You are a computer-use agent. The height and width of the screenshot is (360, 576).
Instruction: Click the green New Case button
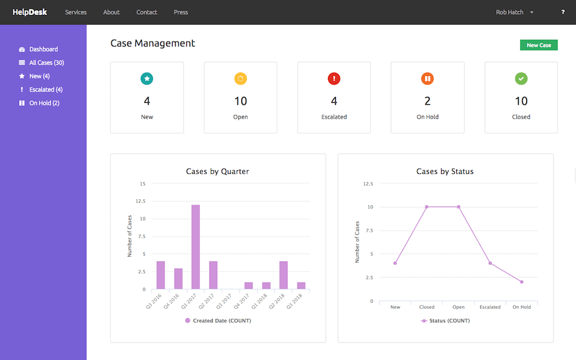pos(538,45)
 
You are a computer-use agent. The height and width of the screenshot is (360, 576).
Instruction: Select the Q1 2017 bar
pos(195,247)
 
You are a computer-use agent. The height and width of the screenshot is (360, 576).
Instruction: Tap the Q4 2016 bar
pos(178,279)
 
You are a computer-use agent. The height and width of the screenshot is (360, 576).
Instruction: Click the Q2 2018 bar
pos(283,275)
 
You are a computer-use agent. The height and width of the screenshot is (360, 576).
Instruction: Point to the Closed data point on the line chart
pos(427,207)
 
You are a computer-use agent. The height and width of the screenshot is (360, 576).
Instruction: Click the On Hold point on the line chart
pos(521,282)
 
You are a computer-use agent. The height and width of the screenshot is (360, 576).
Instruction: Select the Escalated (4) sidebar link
pos(46,89)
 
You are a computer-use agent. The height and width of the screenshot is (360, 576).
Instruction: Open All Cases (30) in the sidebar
pos(46,62)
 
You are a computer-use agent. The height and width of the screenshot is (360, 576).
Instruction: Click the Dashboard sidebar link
pos(43,49)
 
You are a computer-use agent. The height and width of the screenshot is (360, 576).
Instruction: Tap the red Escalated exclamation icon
pos(334,79)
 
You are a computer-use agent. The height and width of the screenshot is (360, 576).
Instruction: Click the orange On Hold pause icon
pos(427,79)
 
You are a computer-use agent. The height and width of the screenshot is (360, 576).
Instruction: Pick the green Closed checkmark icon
pos(521,79)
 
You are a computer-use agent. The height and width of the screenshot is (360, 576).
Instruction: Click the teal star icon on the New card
pos(147,79)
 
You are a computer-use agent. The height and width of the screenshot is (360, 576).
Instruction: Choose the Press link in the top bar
pos(181,12)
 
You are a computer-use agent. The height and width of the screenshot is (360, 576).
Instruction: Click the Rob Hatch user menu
pos(514,12)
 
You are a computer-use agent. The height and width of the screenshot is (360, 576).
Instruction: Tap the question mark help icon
pos(563,12)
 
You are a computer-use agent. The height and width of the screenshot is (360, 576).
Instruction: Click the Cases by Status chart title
pos(445,171)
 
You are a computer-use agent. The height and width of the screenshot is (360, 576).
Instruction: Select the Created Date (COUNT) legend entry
pos(218,321)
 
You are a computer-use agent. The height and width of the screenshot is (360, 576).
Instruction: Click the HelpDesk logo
pos(30,12)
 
